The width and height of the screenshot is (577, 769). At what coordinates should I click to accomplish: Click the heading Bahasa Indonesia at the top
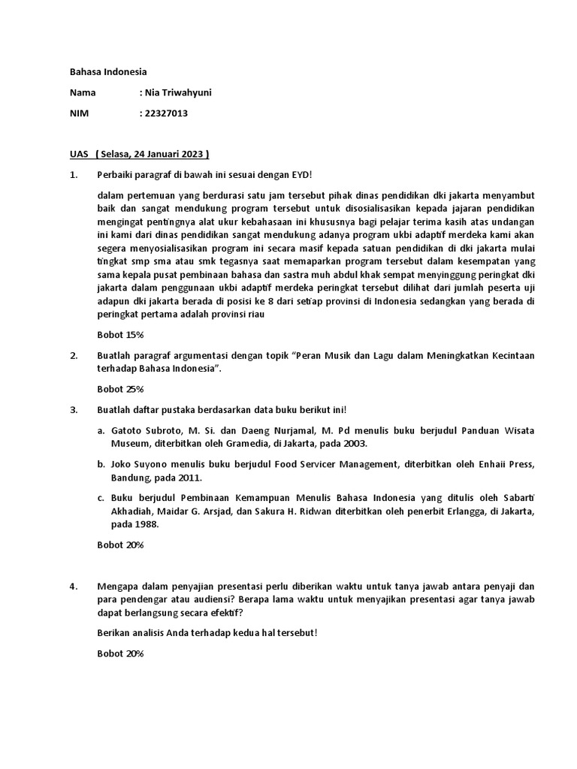click(x=107, y=72)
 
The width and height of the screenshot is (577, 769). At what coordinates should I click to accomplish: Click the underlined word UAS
click(x=79, y=154)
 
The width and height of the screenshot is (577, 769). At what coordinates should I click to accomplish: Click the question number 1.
click(x=73, y=174)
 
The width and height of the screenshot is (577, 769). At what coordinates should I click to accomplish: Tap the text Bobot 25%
click(x=120, y=389)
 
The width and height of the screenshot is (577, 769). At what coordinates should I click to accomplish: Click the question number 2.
click(x=73, y=354)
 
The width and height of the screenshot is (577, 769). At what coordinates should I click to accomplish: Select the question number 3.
click(x=73, y=409)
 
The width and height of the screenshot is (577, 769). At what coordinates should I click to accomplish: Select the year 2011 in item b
click(x=189, y=478)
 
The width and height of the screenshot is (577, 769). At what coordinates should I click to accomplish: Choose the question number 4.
click(x=73, y=586)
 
